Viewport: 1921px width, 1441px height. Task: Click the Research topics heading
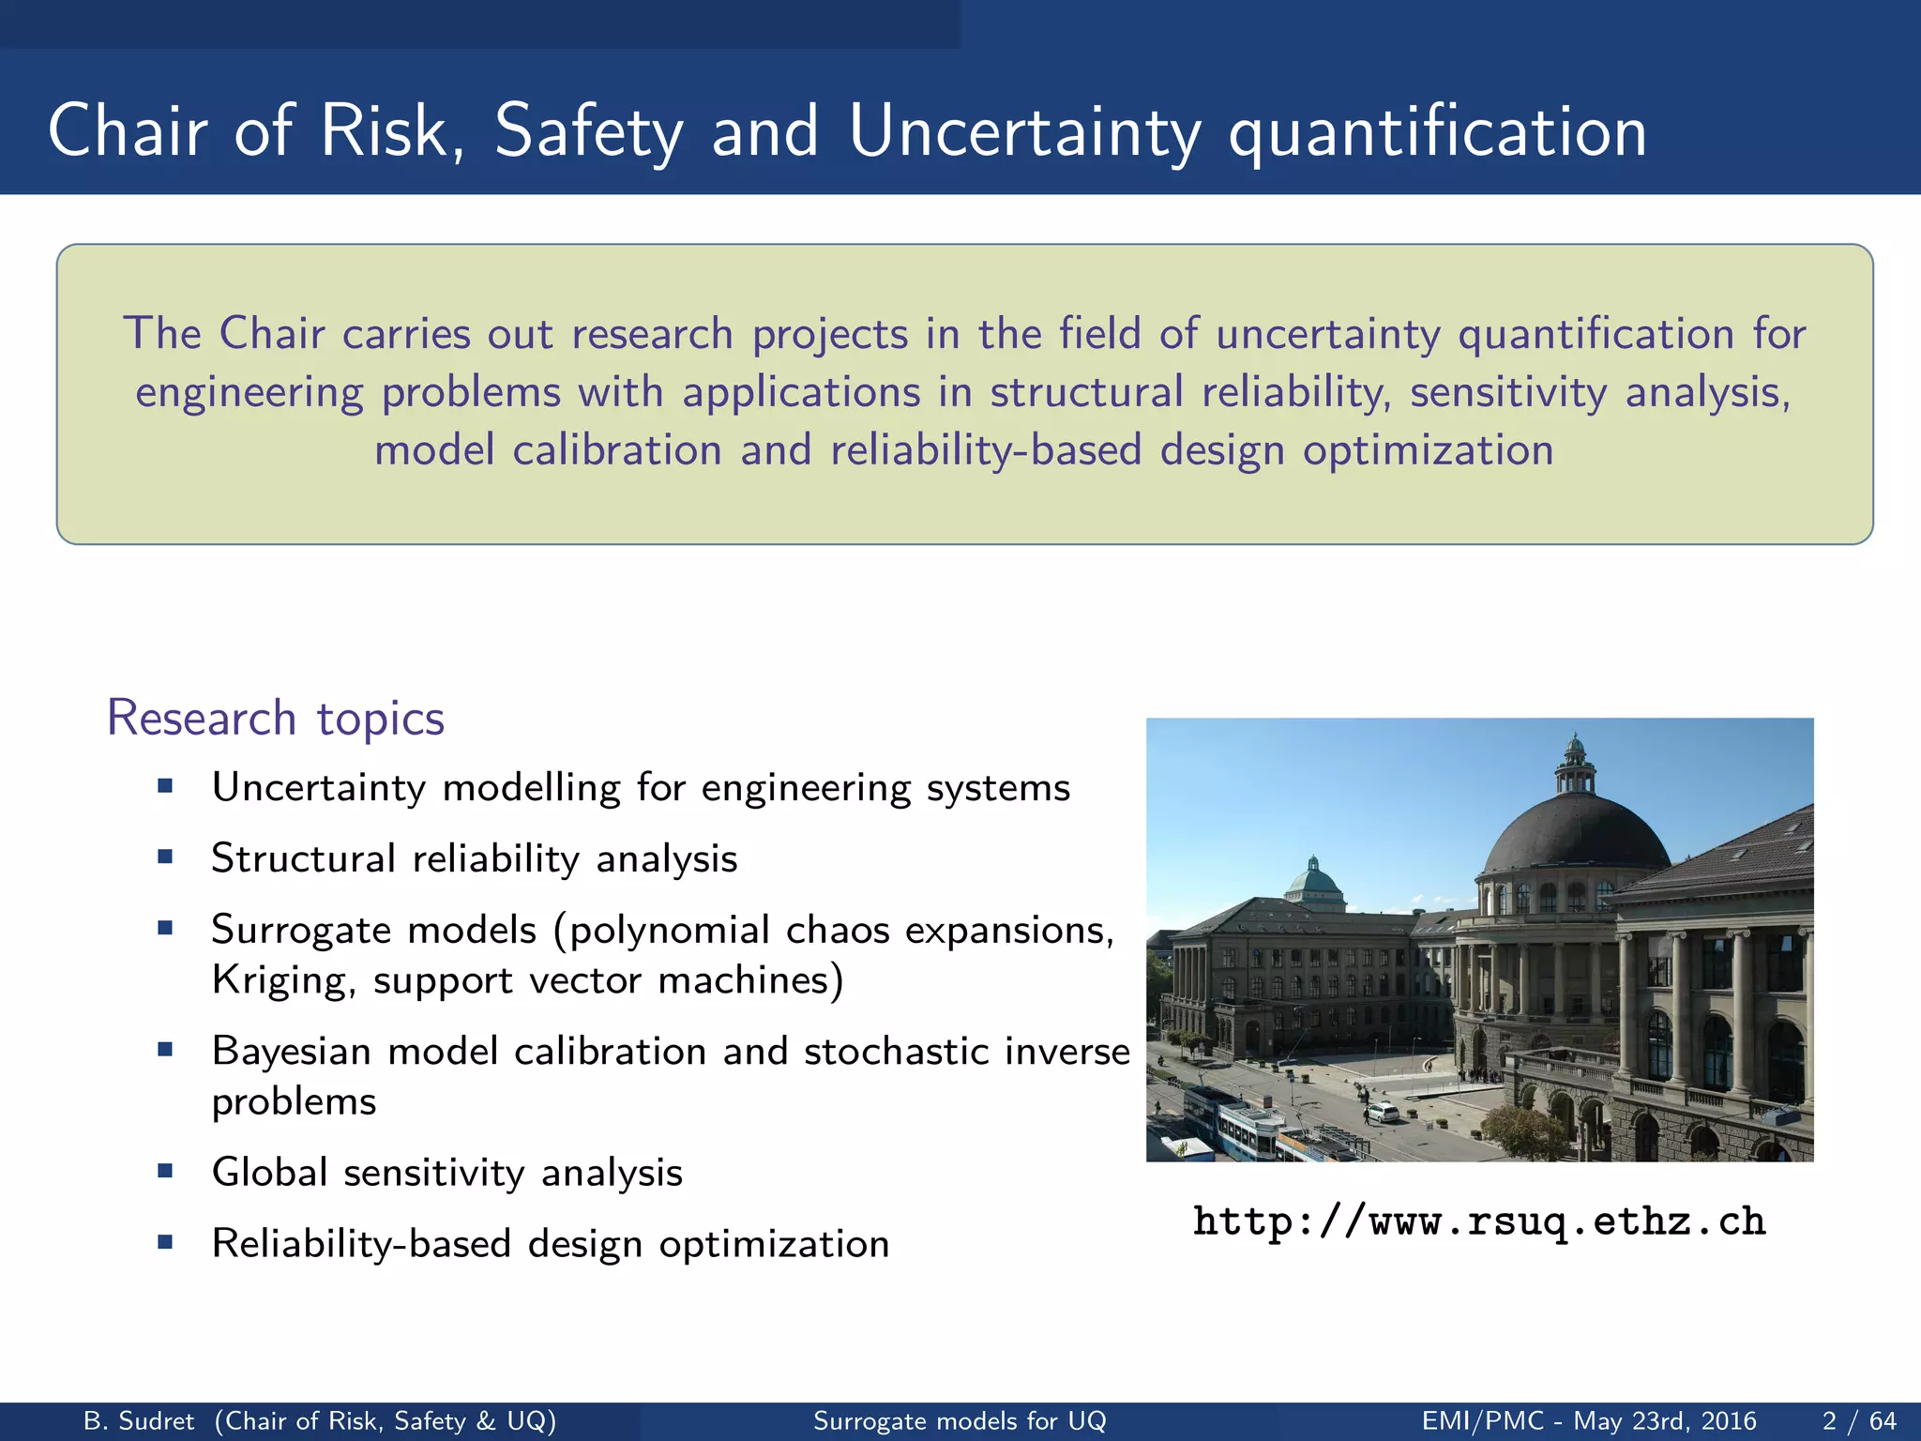[x=276, y=719]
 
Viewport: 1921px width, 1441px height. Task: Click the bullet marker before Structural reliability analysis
[x=166, y=857]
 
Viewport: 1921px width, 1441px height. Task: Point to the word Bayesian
[x=292, y=1052]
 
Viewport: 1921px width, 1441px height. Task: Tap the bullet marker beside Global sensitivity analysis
[x=166, y=1171]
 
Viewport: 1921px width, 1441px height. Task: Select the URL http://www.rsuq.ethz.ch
[x=1479, y=1221]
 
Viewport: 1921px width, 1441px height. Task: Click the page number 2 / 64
[x=1858, y=1421]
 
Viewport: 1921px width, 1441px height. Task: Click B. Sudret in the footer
[x=139, y=1421]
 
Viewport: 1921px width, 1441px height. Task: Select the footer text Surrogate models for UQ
[x=960, y=1421]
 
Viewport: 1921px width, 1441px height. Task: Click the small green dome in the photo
[x=1313, y=883]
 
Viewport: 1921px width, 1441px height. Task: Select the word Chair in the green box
[x=272, y=334]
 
